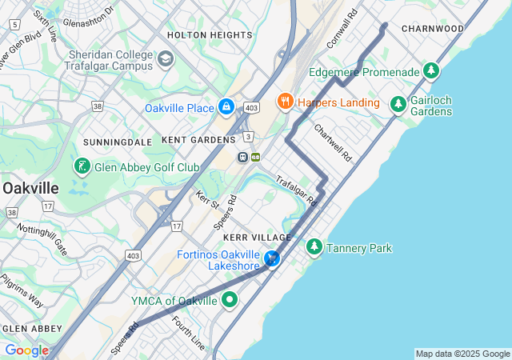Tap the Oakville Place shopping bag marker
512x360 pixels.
coord(226,106)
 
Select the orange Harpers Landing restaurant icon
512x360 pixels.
coord(284,102)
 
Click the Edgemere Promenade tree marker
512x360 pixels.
coord(432,71)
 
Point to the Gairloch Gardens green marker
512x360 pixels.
coord(398,104)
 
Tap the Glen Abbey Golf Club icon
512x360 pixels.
coord(81,166)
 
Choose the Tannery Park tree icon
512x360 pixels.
coord(314,248)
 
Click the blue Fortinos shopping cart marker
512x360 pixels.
coord(273,258)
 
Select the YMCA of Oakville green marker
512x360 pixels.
coord(230,301)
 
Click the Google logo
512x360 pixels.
coord(26,350)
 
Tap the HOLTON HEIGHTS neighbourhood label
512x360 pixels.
coord(210,35)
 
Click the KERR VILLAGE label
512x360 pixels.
coord(258,238)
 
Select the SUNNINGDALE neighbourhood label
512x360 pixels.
coord(118,142)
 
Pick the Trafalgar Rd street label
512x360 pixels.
coord(296,191)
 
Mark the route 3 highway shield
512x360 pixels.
coord(249,137)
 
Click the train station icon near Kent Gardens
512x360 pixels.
coord(242,157)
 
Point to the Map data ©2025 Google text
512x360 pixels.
coord(462,354)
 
